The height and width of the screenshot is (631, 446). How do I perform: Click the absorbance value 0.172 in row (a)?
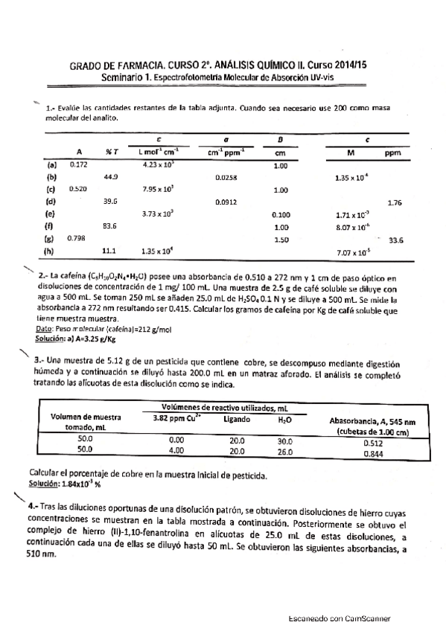pos(77,164)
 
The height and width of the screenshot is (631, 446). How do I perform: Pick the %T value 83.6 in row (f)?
pos(109,225)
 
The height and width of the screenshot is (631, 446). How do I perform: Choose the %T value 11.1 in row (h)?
pos(109,251)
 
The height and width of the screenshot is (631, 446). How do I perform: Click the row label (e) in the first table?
pos(51,214)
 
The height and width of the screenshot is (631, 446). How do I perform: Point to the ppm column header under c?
pos(392,152)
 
